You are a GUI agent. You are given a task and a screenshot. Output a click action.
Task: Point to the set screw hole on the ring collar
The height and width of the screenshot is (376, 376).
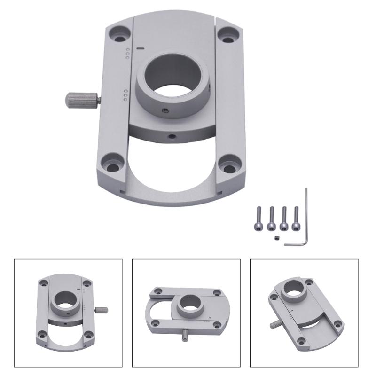click(164, 111)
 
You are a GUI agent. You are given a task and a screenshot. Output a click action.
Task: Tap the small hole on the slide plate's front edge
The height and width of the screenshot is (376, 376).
click(172, 136)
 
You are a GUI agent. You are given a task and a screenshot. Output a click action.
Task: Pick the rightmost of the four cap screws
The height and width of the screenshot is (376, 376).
click(297, 218)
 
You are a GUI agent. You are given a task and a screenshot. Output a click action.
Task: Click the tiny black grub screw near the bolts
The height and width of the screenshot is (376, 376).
click(277, 239)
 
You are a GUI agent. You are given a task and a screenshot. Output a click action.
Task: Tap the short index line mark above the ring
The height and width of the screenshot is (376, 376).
click(140, 47)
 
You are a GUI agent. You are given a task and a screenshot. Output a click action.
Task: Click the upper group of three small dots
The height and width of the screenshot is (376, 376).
click(127, 53)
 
